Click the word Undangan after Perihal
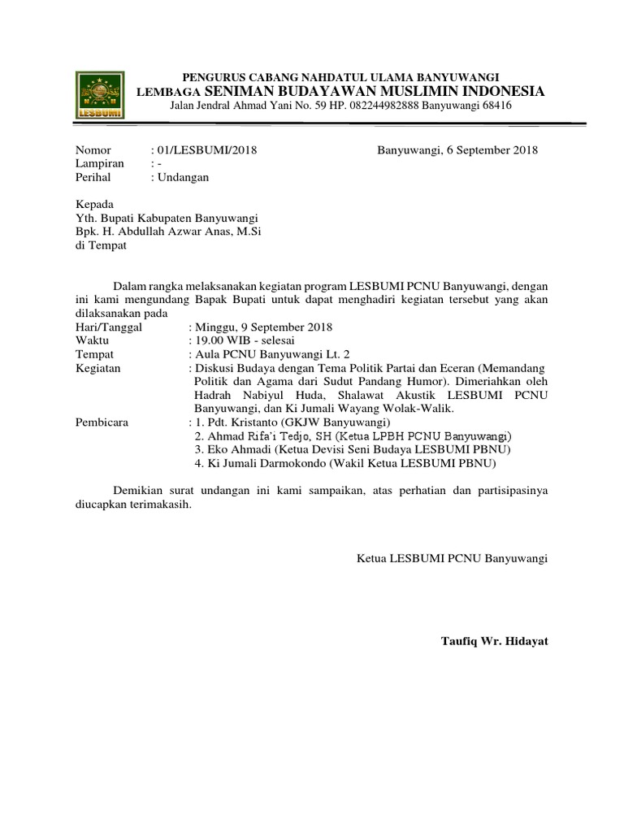[x=184, y=176]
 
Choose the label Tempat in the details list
[x=94, y=354]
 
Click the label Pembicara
[x=102, y=422]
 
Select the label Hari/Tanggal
[x=108, y=327]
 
